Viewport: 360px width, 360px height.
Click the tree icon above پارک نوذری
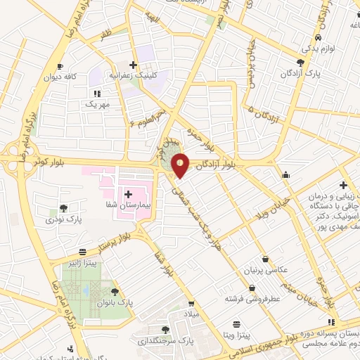point(64,207)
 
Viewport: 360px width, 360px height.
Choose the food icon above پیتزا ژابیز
point(83,251)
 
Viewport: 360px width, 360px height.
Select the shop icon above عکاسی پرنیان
point(264,259)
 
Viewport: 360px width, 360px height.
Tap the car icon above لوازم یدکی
point(319,38)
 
